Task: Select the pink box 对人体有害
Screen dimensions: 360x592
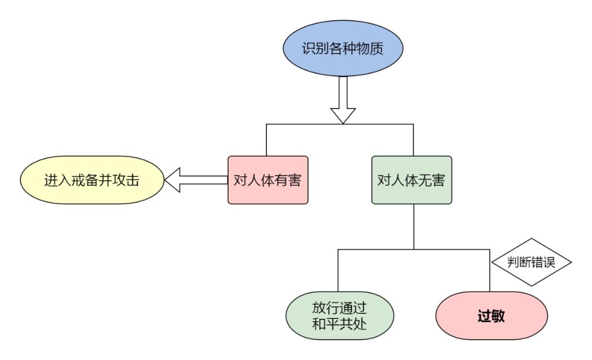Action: tap(267, 181)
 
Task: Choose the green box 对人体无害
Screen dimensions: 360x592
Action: tap(412, 181)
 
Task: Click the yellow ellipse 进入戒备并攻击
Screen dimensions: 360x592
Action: tap(92, 181)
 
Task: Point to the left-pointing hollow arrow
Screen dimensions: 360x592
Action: tap(195, 181)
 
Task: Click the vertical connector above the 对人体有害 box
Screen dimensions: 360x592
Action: tap(266, 141)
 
